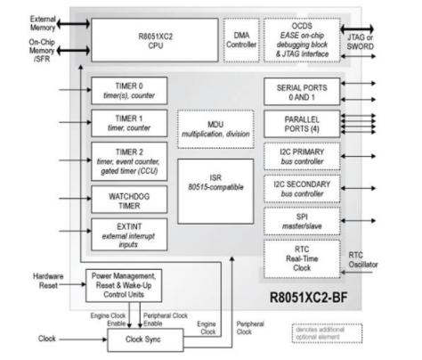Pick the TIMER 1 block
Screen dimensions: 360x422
coord(128,123)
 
